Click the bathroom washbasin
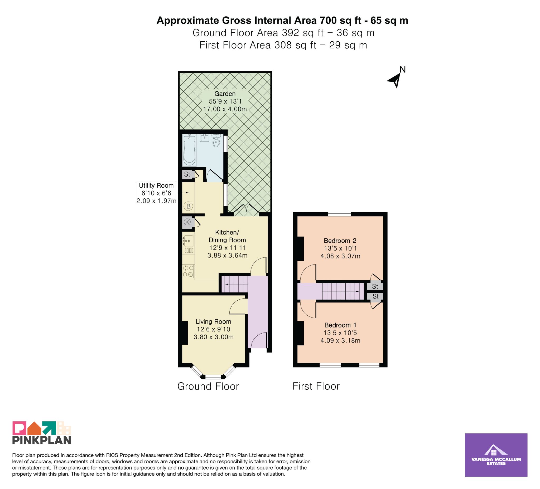pyautogui.click(x=205, y=138)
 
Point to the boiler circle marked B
pyautogui.click(x=189, y=206)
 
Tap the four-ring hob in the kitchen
pyautogui.click(x=188, y=271)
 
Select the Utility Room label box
pyautogui.click(x=156, y=193)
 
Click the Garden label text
pyautogui.click(x=225, y=94)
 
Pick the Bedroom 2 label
pyautogui.click(x=340, y=241)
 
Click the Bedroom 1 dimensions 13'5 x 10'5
pyautogui.click(x=340, y=333)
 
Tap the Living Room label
pyautogui.click(x=214, y=321)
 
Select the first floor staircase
pyautogui.click(x=343, y=291)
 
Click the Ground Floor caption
pyautogui.click(x=208, y=386)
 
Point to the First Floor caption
pyautogui.click(x=316, y=386)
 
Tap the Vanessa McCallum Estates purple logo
pyautogui.click(x=496, y=455)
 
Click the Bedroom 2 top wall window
pyautogui.click(x=340, y=214)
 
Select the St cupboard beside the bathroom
pyautogui.click(x=187, y=174)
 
